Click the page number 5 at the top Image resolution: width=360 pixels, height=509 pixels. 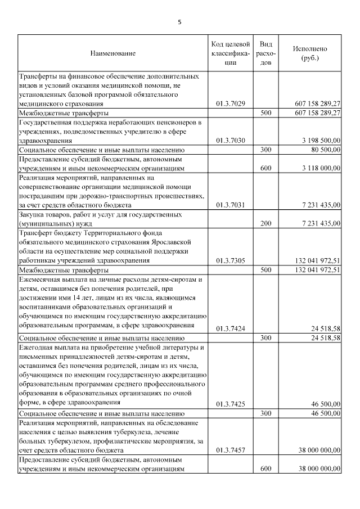(x=179, y=22)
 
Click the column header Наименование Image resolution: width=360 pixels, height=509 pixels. (x=112, y=53)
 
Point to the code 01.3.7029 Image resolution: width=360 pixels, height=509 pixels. (x=231, y=104)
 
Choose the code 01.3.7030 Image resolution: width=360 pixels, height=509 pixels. (x=231, y=141)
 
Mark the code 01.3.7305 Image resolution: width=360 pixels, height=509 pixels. (x=231, y=260)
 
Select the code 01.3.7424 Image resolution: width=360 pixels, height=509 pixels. (x=231, y=328)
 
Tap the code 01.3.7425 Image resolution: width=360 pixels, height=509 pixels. (x=231, y=404)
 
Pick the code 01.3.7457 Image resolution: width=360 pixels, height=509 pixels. (x=231, y=450)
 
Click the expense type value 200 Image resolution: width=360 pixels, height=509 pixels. (x=267, y=223)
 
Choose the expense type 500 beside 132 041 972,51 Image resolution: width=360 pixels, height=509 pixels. (x=267, y=270)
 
